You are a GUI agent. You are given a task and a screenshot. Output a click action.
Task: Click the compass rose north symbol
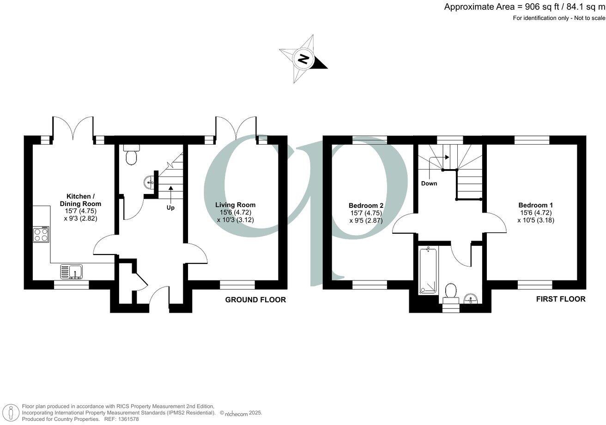click(x=303, y=59)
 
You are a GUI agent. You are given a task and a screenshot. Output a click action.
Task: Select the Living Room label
click(x=236, y=205)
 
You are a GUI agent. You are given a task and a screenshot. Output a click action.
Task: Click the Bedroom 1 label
click(x=535, y=205)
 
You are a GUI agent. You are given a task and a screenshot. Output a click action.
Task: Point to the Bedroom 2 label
click(x=366, y=206)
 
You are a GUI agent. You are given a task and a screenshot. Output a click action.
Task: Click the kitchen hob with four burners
click(x=41, y=235)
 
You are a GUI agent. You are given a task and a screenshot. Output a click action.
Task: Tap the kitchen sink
click(x=72, y=272)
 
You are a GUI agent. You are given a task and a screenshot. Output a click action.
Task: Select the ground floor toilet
click(x=132, y=154)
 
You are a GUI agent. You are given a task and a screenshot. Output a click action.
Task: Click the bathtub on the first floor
click(x=428, y=271)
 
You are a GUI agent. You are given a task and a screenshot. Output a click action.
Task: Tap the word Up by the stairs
click(x=170, y=207)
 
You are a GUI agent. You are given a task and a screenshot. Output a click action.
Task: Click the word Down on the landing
click(x=429, y=183)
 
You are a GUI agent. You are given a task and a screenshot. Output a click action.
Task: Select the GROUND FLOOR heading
click(x=255, y=300)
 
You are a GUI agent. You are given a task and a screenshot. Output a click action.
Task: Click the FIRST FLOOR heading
click(x=560, y=299)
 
